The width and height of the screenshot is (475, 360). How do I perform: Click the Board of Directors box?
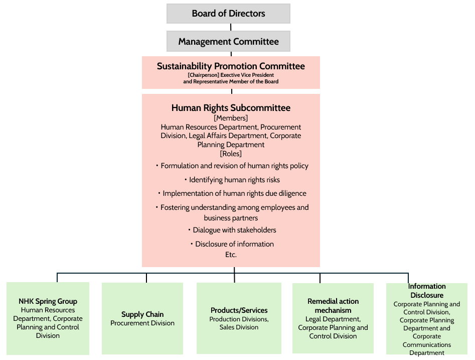pyautogui.click(x=228, y=14)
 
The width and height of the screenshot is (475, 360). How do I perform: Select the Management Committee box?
pyautogui.click(x=228, y=42)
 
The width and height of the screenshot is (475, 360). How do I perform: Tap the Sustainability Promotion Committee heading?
pyautogui.click(x=231, y=66)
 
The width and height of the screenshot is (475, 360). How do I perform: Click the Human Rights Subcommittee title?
pyautogui.click(x=231, y=108)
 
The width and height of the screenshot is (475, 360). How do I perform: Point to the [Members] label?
pyautogui.click(x=231, y=118)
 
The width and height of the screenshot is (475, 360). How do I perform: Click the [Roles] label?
pyautogui.click(x=231, y=154)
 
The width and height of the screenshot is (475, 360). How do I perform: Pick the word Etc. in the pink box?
pyautogui.click(x=231, y=255)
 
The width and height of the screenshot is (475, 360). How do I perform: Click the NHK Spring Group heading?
pyautogui.click(x=48, y=301)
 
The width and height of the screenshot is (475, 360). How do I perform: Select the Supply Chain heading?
pyautogui.click(x=142, y=314)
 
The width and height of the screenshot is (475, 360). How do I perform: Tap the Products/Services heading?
pyautogui.click(x=239, y=310)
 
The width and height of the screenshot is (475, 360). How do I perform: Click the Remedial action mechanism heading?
pyautogui.click(x=333, y=306)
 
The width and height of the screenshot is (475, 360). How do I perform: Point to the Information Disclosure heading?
pyautogui.click(x=427, y=291)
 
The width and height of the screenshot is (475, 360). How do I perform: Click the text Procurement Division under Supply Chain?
pyautogui.click(x=142, y=323)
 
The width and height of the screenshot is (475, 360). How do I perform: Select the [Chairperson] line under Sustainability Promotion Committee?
pyautogui.click(x=231, y=75)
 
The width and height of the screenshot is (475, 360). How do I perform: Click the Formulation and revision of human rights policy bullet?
pyautogui.click(x=232, y=166)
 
